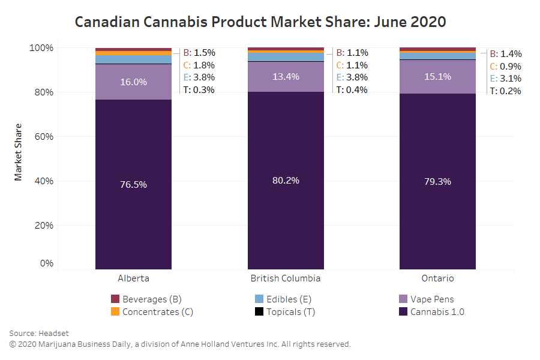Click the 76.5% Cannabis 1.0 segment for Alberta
tap(133, 184)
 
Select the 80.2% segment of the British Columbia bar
tap(286, 180)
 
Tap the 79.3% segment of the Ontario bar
tap(437, 181)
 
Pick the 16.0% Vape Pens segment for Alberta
tap(133, 82)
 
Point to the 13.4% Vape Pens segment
tap(286, 76)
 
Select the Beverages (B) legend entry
tap(146, 299)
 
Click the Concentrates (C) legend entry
tap(152, 311)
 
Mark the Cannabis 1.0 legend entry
tap(432, 311)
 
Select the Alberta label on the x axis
tap(133, 278)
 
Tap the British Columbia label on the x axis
tap(286, 278)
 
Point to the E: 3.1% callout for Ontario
tap(505, 79)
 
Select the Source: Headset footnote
tap(40, 333)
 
